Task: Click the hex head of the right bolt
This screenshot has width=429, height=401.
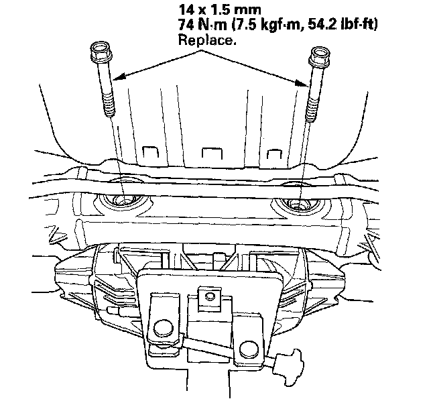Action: pos(319,56)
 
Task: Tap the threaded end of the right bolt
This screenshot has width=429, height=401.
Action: pos(312,109)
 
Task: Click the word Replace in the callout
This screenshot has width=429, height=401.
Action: pos(207,40)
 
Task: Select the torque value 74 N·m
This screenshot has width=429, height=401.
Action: pos(202,25)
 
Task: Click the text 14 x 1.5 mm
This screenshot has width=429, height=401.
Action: pos(220,10)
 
